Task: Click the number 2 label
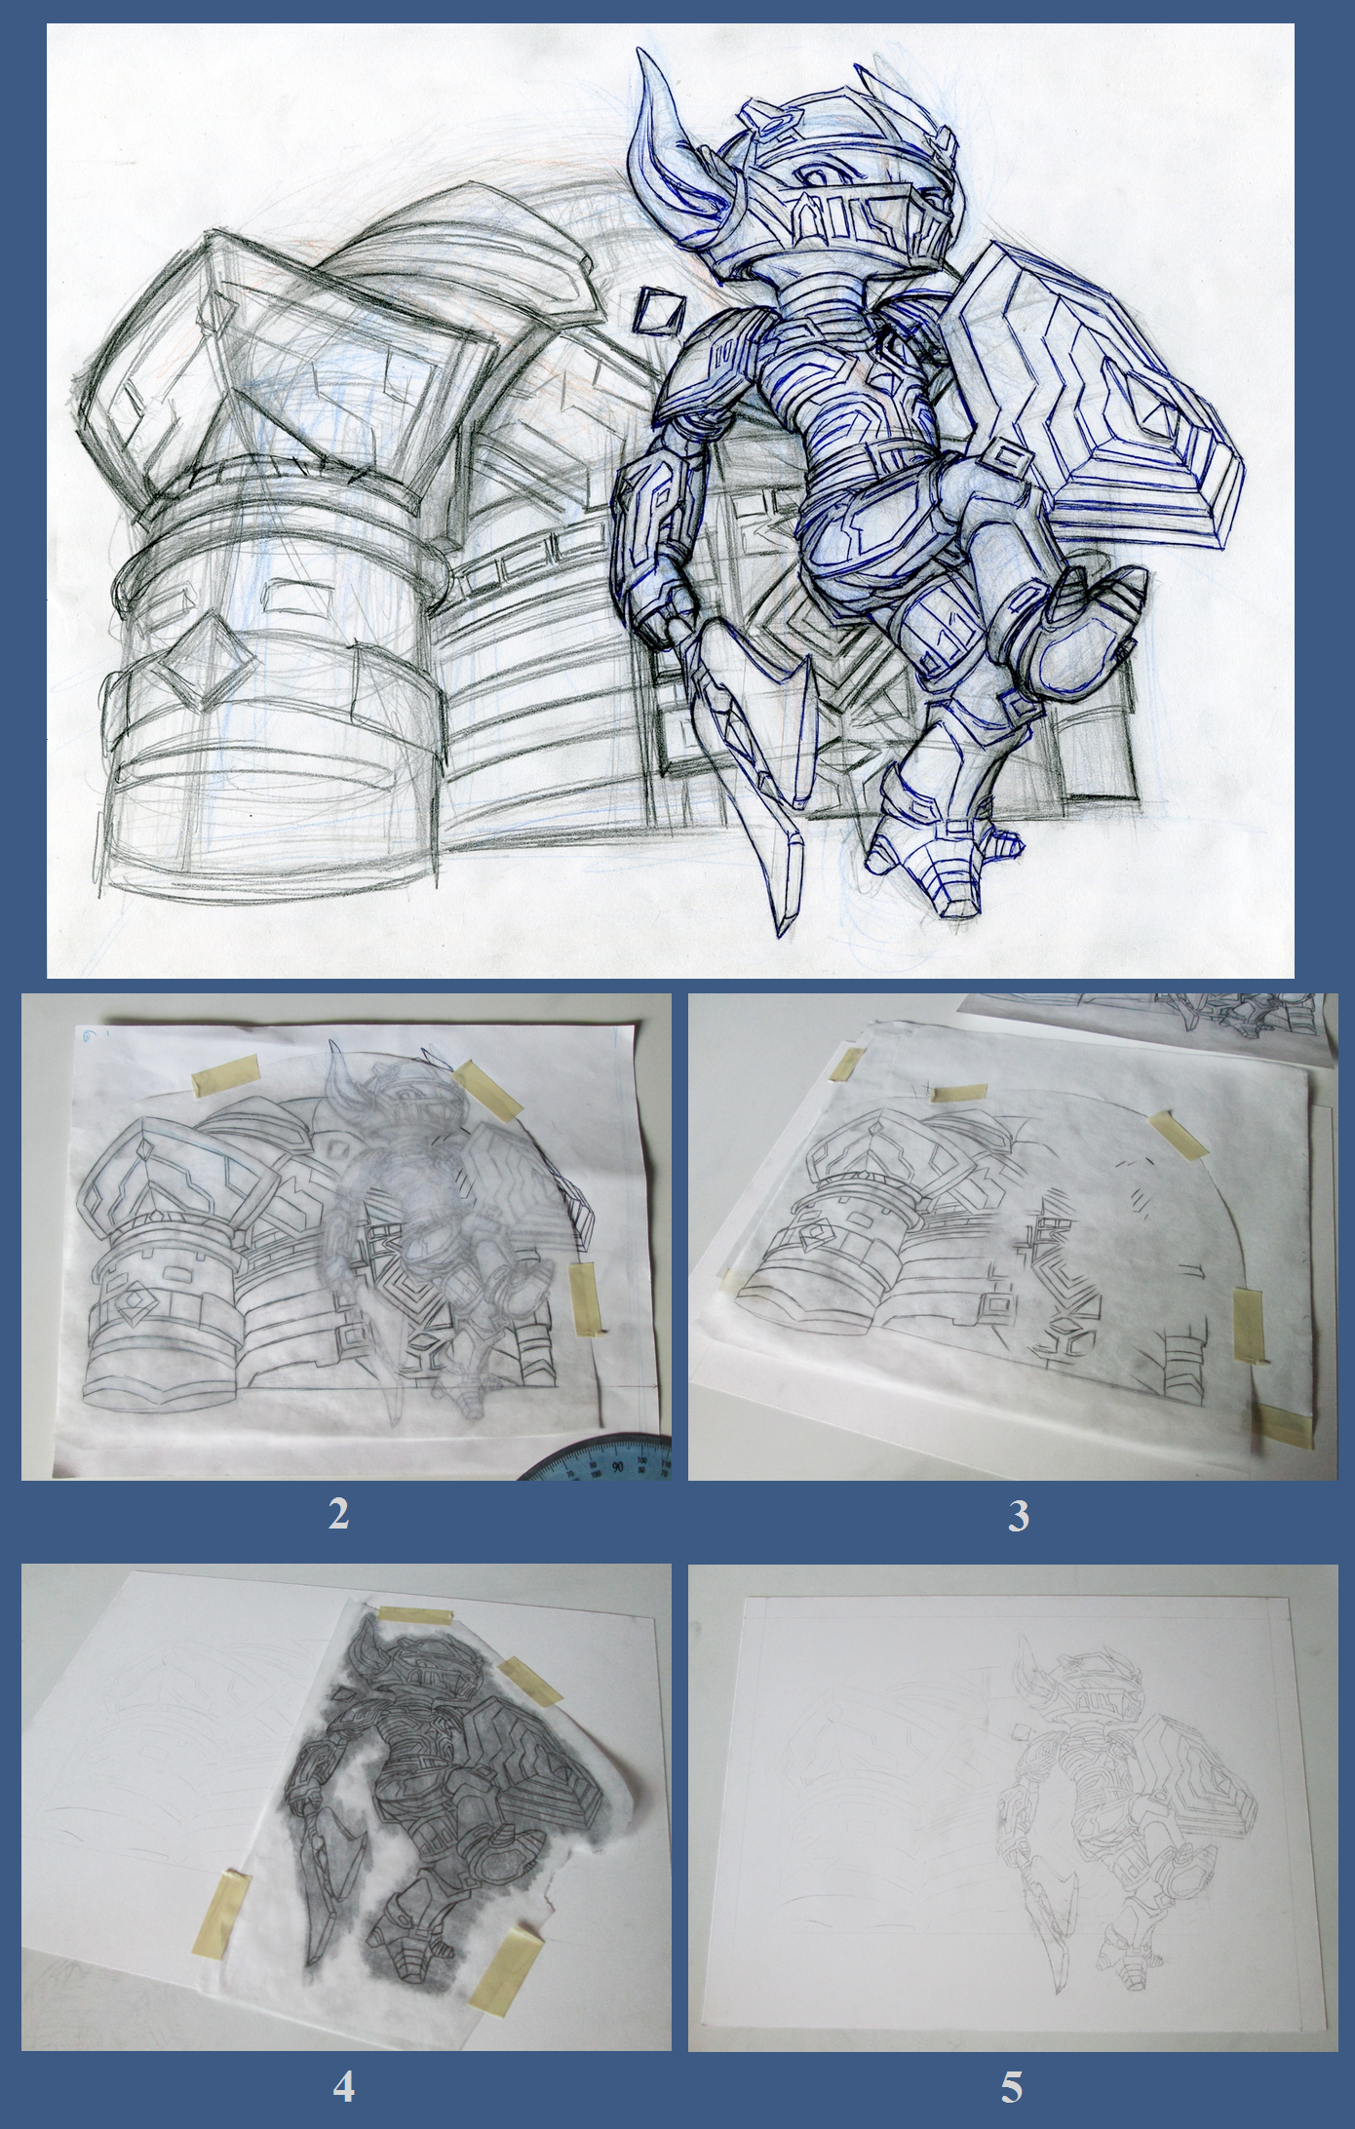coord(338,1514)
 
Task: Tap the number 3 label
coord(1018,1516)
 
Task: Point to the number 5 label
coord(1012,2087)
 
